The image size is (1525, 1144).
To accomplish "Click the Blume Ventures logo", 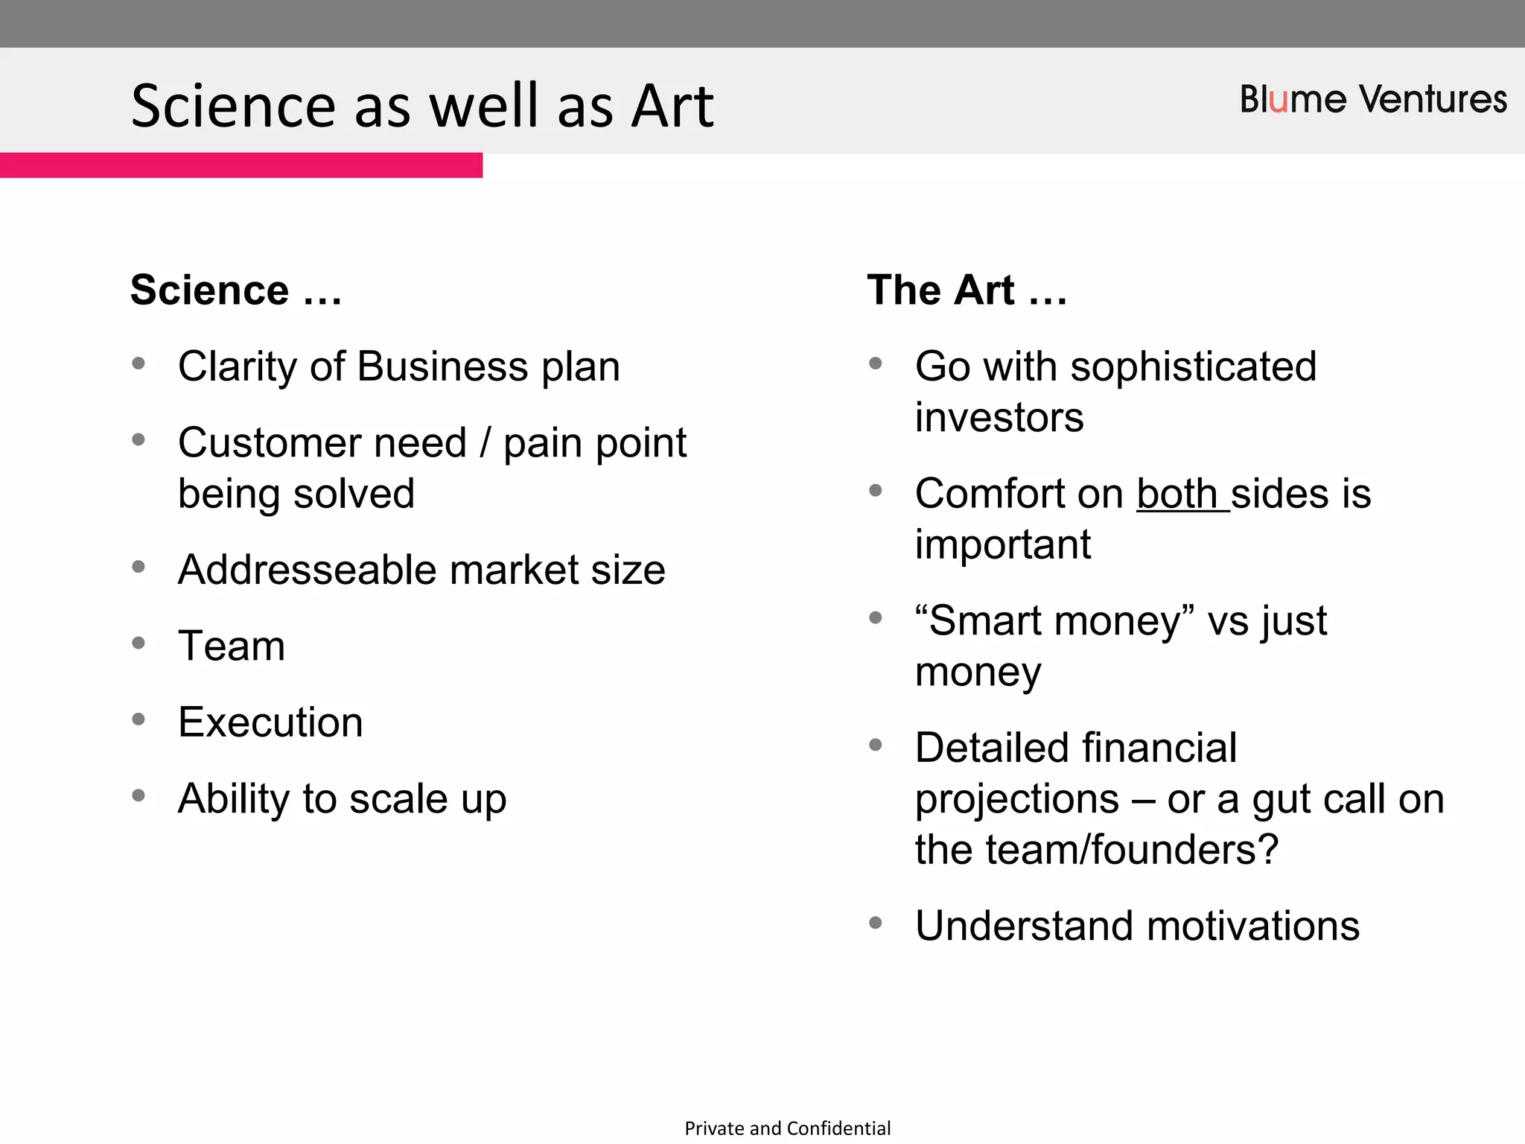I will pyautogui.click(x=1372, y=100).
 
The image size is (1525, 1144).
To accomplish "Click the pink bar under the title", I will pyautogui.click(x=241, y=165).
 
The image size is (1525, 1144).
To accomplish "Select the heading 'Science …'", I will pyautogui.click(x=235, y=290).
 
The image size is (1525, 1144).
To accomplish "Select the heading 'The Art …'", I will pyautogui.click(x=967, y=290).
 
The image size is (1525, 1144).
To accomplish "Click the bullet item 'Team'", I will pyautogui.click(x=232, y=646).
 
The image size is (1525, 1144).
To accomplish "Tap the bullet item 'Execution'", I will pyautogui.click(x=270, y=722).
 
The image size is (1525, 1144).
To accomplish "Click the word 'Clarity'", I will pyautogui.click(x=238, y=367).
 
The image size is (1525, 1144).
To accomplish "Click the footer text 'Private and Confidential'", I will pyautogui.click(x=787, y=1128).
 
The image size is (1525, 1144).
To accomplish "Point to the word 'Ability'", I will pyautogui.click(x=234, y=799).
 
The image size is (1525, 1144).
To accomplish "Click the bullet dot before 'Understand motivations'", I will pyautogui.click(x=876, y=924).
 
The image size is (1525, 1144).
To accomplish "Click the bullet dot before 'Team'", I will pyautogui.click(x=139, y=643).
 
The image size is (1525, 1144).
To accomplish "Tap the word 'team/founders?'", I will pyautogui.click(x=1131, y=850).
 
